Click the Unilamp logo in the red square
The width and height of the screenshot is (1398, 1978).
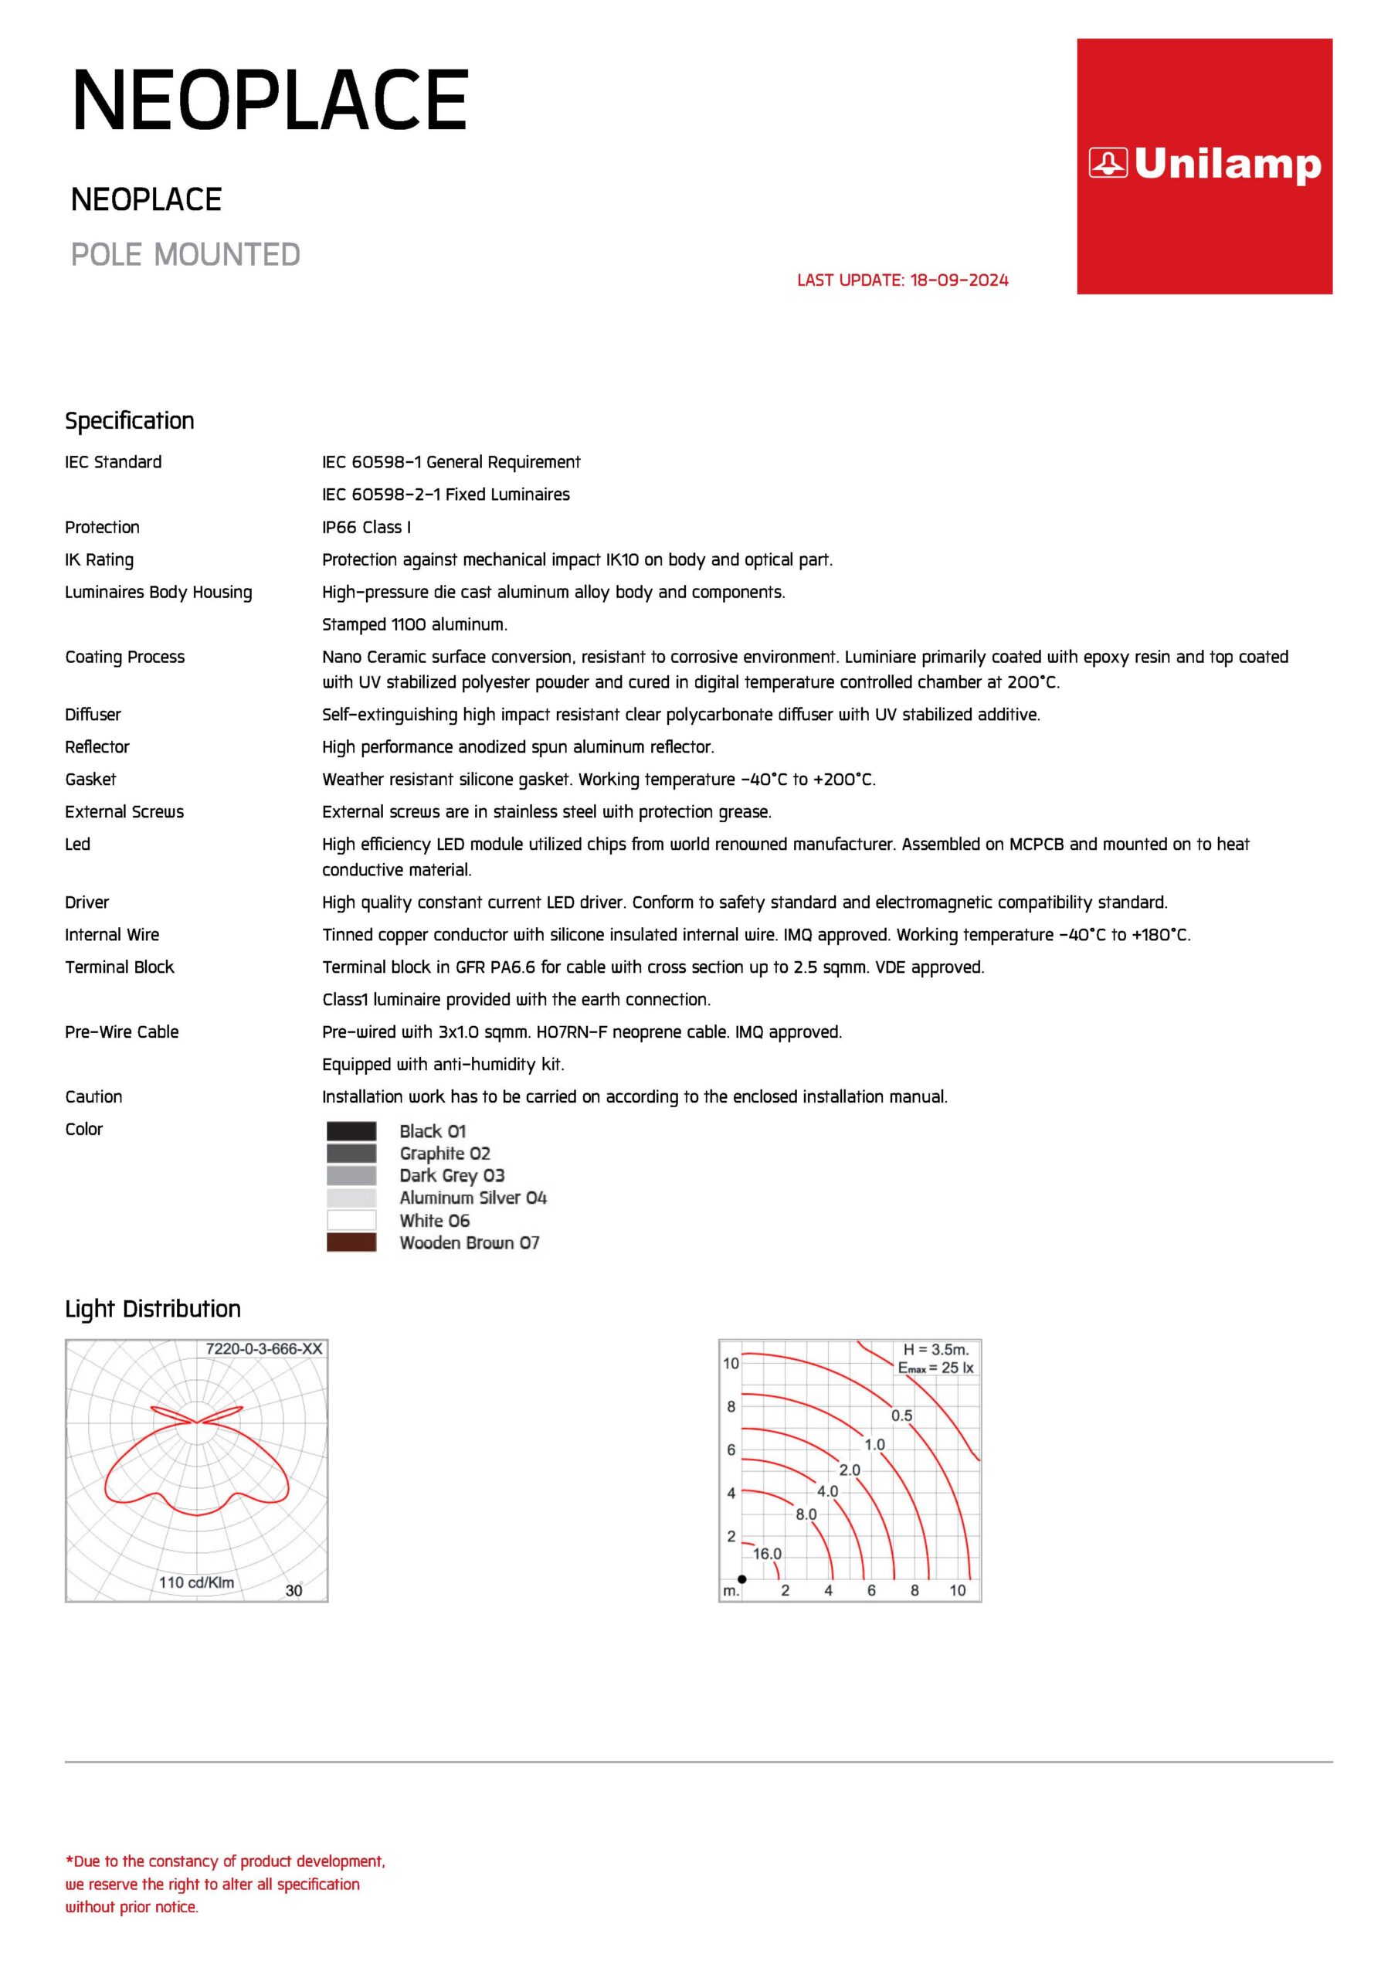coord(1204,164)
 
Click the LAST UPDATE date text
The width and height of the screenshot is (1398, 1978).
coord(902,280)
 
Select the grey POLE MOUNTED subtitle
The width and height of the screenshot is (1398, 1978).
coord(185,255)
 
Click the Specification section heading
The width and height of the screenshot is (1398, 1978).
coord(129,420)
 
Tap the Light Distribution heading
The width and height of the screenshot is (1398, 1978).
coord(152,1309)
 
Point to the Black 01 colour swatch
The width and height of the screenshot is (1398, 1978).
coord(351,1131)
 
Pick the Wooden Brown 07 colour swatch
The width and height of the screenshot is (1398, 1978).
coord(351,1242)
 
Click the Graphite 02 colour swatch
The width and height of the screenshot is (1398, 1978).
coord(351,1154)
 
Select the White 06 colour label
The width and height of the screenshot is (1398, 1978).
coord(434,1221)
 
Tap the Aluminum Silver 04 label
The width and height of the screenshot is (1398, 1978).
coord(473,1198)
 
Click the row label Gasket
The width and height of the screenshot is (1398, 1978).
coord(90,780)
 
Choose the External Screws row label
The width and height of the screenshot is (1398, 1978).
coord(124,811)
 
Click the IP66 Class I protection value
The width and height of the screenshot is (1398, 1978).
coord(366,527)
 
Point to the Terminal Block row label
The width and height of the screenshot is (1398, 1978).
coord(119,967)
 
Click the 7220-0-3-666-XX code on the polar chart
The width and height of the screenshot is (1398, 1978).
coord(263,1349)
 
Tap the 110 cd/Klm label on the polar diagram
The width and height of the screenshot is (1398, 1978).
coord(196,1582)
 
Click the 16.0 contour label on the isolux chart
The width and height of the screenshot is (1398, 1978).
coord(767,1554)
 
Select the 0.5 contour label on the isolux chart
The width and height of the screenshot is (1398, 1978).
coord(901,1416)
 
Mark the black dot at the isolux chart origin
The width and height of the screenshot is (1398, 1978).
coord(741,1579)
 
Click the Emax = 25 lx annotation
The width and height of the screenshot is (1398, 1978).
coord(935,1368)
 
